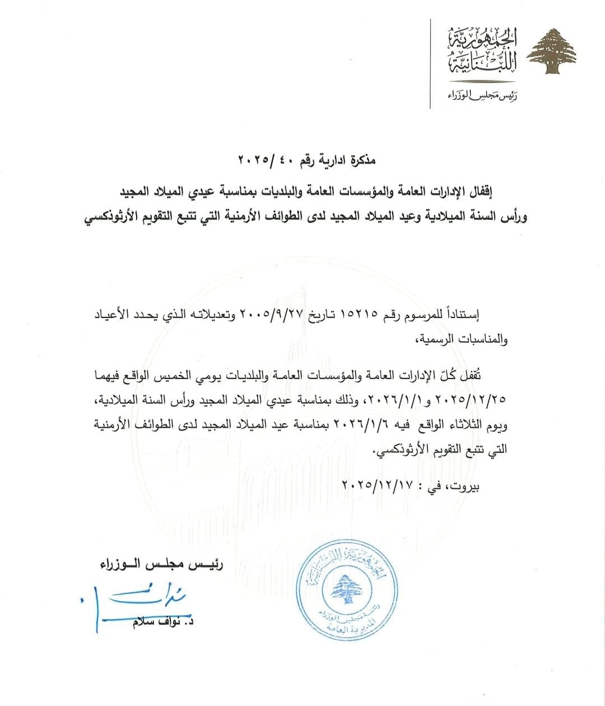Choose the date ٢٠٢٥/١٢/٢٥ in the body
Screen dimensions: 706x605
pyautogui.click(x=474, y=399)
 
